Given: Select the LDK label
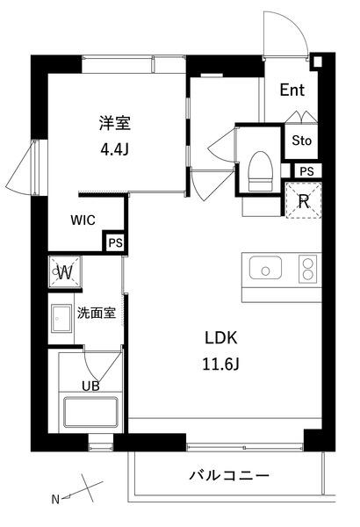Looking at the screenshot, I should (x=221, y=337).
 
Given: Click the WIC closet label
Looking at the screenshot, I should (x=84, y=220).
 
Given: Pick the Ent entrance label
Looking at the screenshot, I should (x=293, y=90).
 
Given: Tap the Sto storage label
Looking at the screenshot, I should (x=301, y=140).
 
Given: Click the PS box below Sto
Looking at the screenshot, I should (x=306, y=171).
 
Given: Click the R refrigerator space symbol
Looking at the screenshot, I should (x=304, y=201).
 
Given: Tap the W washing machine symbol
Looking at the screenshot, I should (x=65, y=271).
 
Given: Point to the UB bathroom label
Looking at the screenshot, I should (x=90, y=384).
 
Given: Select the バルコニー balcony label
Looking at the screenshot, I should (x=229, y=476).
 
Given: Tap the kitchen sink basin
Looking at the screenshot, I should (x=264, y=267).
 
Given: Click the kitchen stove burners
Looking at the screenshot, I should (x=307, y=266).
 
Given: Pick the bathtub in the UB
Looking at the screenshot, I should (x=90, y=413).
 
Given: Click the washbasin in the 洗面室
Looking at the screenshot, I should (x=61, y=317).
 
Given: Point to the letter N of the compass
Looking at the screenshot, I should (x=54, y=500).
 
